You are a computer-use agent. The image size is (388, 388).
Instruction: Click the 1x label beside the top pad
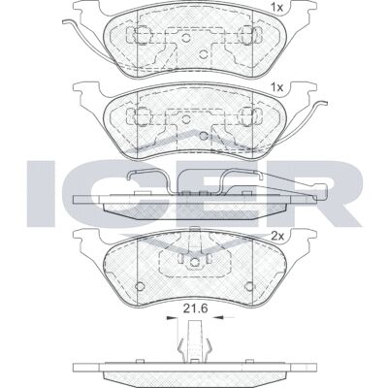coord(277,8)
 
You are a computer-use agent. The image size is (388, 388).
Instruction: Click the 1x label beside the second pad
coord(277,87)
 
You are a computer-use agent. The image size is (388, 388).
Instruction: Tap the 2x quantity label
coord(277,237)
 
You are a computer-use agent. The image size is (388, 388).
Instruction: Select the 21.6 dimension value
coord(195,308)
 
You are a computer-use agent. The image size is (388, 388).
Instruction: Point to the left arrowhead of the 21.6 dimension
coord(172,318)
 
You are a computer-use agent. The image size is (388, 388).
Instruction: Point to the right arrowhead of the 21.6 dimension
coord(216,318)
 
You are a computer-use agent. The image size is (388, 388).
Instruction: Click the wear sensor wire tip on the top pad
coord(65,21)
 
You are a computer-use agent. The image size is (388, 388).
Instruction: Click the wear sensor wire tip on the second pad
coord(324,103)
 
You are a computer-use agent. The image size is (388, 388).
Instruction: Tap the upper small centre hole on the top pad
coord(185,38)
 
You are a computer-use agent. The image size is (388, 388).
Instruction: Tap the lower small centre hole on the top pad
coord(203,54)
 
